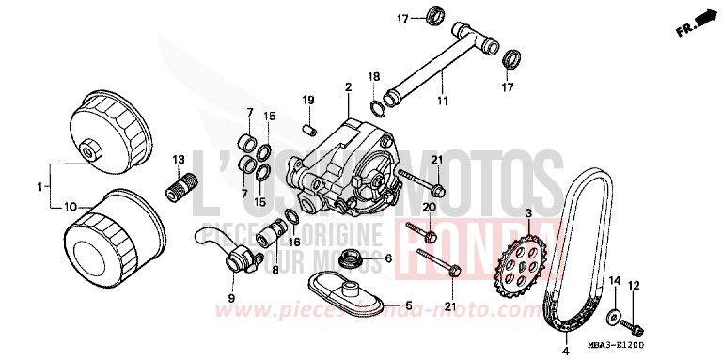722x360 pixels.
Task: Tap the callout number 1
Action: click(x=40, y=187)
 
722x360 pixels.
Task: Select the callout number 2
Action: click(x=347, y=86)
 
